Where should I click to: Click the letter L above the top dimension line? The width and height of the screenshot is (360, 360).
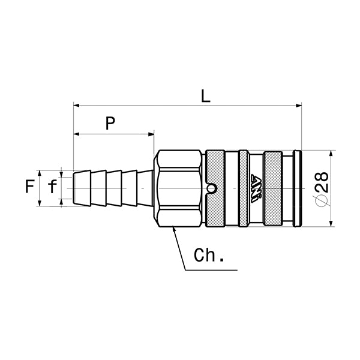[x=205, y=96]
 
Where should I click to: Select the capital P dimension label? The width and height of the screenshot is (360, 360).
[x=110, y=124]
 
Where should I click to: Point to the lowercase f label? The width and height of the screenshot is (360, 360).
[x=52, y=188]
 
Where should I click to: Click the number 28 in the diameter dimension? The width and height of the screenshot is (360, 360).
[x=321, y=181]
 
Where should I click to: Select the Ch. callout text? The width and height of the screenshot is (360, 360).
[x=209, y=256]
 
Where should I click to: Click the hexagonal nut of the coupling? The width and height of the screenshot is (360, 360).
[x=178, y=188]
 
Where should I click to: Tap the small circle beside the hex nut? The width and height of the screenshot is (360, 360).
[x=211, y=189]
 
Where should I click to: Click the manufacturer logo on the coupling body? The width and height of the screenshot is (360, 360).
[x=256, y=188]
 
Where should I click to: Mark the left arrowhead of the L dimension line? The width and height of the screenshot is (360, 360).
[x=76, y=106]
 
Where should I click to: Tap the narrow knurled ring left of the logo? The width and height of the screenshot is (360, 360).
[x=243, y=188]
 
